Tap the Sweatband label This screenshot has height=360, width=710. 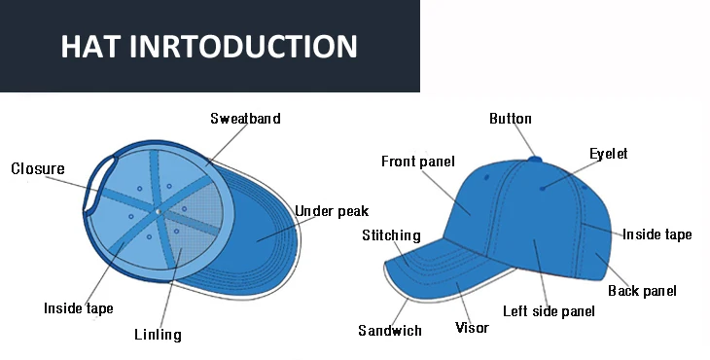[x=245, y=119]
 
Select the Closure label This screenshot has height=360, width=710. [x=38, y=169]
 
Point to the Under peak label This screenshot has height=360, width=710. [x=332, y=211]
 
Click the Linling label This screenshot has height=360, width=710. [x=158, y=335]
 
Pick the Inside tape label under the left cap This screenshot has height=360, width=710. [x=79, y=308]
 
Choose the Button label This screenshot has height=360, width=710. [x=510, y=119]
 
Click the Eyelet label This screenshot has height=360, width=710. [x=609, y=154]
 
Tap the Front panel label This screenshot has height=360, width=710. [x=417, y=162]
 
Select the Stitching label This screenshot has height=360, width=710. [x=391, y=235]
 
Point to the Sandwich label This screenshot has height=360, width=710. [x=390, y=331]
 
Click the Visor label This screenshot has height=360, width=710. [x=472, y=328]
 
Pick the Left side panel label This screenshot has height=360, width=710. [x=549, y=311]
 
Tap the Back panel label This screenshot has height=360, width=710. [x=642, y=291]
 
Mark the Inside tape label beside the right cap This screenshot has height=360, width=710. [x=657, y=234]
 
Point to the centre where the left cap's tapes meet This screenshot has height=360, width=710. [x=156, y=210]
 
